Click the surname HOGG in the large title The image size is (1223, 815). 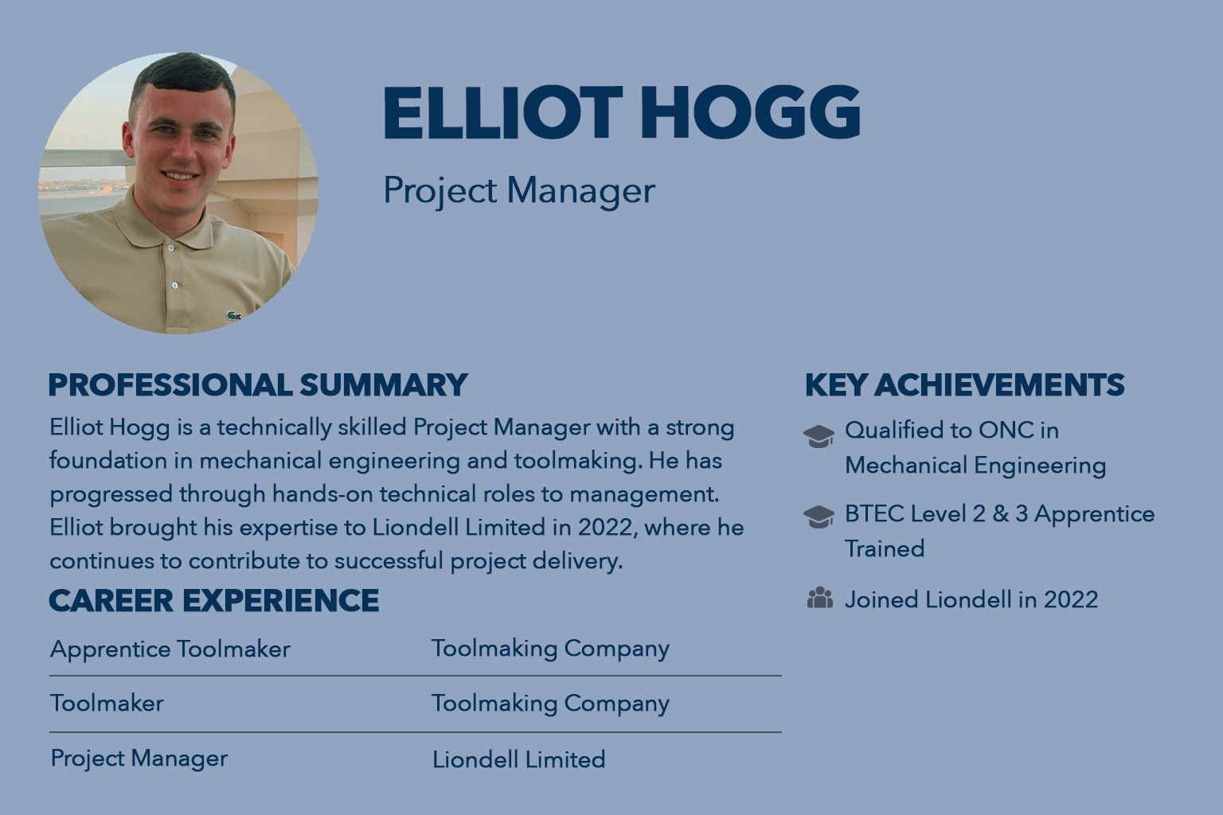[750, 112]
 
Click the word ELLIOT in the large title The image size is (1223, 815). [503, 112]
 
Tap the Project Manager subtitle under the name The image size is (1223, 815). [518, 190]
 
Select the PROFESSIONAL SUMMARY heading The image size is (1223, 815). [258, 385]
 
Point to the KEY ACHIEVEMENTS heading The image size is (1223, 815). [965, 385]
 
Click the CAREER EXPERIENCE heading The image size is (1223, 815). [214, 600]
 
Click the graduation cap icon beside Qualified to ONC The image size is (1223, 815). [819, 436]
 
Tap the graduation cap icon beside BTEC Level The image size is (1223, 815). [819, 517]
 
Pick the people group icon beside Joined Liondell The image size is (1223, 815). [819, 598]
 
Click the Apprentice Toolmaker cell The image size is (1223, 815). [170, 649]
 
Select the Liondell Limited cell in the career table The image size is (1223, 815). [518, 759]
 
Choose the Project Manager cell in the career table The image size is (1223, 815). [139, 758]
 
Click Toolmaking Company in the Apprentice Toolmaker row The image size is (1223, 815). [550, 649]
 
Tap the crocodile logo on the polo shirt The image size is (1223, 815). [234, 315]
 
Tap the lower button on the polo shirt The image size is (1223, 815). [175, 285]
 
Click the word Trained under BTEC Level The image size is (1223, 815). [885, 548]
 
